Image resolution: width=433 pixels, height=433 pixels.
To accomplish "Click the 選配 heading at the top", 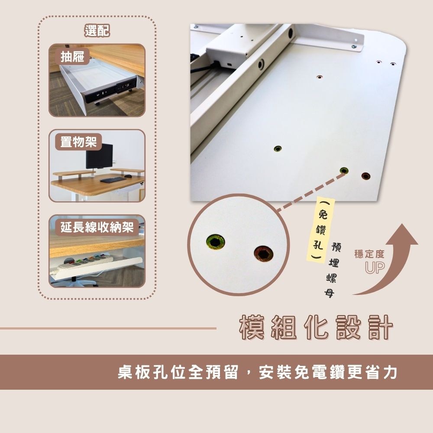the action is (x=97, y=30).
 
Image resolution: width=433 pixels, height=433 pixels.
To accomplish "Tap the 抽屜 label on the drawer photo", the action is (x=72, y=57).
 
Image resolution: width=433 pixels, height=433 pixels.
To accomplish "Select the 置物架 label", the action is (x=78, y=142).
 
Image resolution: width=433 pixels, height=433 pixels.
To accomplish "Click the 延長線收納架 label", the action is (x=97, y=227).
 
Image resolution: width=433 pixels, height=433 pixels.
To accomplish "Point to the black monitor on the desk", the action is (x=99, y=156).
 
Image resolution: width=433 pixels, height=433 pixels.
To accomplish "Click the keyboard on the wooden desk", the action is (x=113, y=180).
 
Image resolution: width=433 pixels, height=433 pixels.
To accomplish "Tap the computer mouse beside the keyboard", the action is (x=128, y=176).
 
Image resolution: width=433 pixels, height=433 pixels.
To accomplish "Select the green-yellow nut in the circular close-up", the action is (x=215, y=242).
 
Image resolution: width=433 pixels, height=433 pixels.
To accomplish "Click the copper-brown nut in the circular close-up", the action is (x=263, y=253).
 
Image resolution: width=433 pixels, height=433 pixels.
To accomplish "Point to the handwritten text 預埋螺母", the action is (x=333, y=270).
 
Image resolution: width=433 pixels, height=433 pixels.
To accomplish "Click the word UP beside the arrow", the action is (x=375, y=268).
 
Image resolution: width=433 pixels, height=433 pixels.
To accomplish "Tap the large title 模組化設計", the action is (x=316, y=327).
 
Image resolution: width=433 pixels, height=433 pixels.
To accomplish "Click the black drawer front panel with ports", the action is (x=110, y=90).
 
